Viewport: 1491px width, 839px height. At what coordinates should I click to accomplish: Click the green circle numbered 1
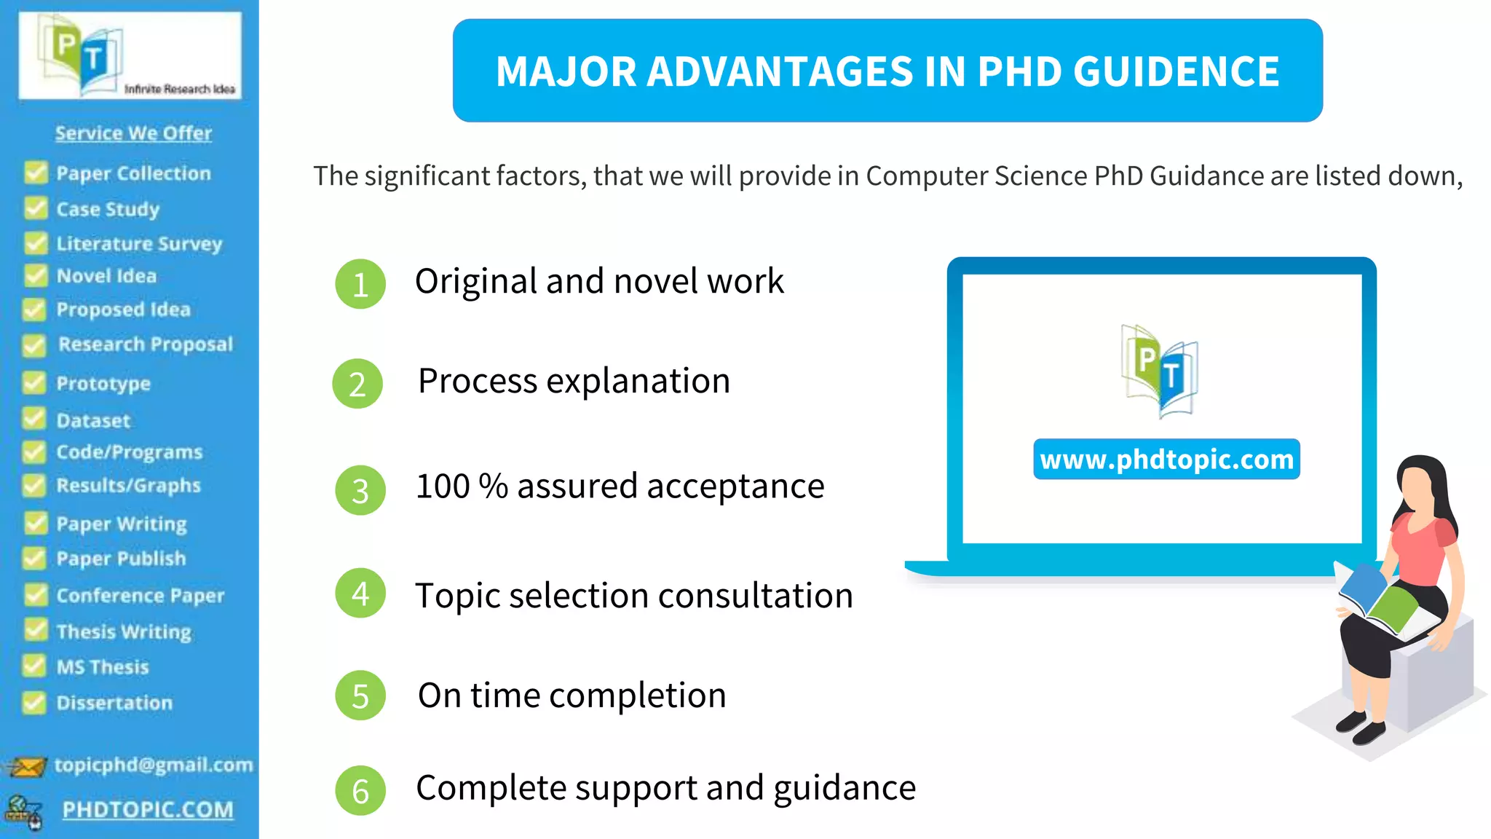pos(360,284)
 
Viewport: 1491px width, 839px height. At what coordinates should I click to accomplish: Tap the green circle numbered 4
pos(360,594)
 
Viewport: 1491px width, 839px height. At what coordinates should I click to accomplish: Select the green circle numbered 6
pos(360,790)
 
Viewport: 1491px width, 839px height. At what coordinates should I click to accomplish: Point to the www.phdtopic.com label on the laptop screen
pos(1166,460)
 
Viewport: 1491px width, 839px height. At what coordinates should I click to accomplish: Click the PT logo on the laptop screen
pos(1159,371)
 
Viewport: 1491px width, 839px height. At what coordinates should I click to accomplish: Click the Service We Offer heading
pos(133,133)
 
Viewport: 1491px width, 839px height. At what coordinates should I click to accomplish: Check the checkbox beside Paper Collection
pos(35,173)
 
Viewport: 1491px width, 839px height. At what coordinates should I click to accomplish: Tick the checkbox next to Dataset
pos(34,419)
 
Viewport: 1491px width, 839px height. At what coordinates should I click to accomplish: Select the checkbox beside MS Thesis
pos(34,666)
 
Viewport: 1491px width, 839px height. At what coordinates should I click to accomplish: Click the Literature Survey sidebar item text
pos(139,243)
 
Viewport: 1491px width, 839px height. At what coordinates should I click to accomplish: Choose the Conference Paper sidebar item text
pos(141,596)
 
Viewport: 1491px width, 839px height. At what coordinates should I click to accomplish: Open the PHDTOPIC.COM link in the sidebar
pos(148,810)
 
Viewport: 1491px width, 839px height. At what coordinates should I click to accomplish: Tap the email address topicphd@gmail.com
pos(154,765)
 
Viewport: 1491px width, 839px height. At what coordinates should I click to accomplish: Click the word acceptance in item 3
pos(743,487)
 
